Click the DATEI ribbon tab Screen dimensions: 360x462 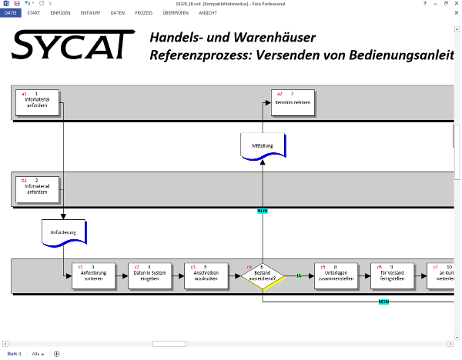pyautogui.click(x=10, y=13)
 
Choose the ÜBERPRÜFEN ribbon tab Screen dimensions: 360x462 pyautogui.click(x=176, y=13)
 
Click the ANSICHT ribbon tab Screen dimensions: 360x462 pyautogui.click(x=208, y=13)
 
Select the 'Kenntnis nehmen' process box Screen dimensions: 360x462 pyautogui.click(x=293, y=103)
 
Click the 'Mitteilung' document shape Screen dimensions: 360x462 pyautogui.click(x=263, y=145)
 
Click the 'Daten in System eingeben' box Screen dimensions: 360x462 pyautogui.click(x=149, y=276)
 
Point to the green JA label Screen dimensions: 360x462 pyautogui.click(x=299, y=275)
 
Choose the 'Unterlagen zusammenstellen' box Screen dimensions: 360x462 pyautogui.click(x=336, y=276)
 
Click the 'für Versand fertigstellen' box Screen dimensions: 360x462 pyautogui.click(x=391, y=276)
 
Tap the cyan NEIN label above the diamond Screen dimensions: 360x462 pyautogui.click(x=263, y=211)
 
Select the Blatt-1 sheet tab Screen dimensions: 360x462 pyautogui.click(x=14, y=354)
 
